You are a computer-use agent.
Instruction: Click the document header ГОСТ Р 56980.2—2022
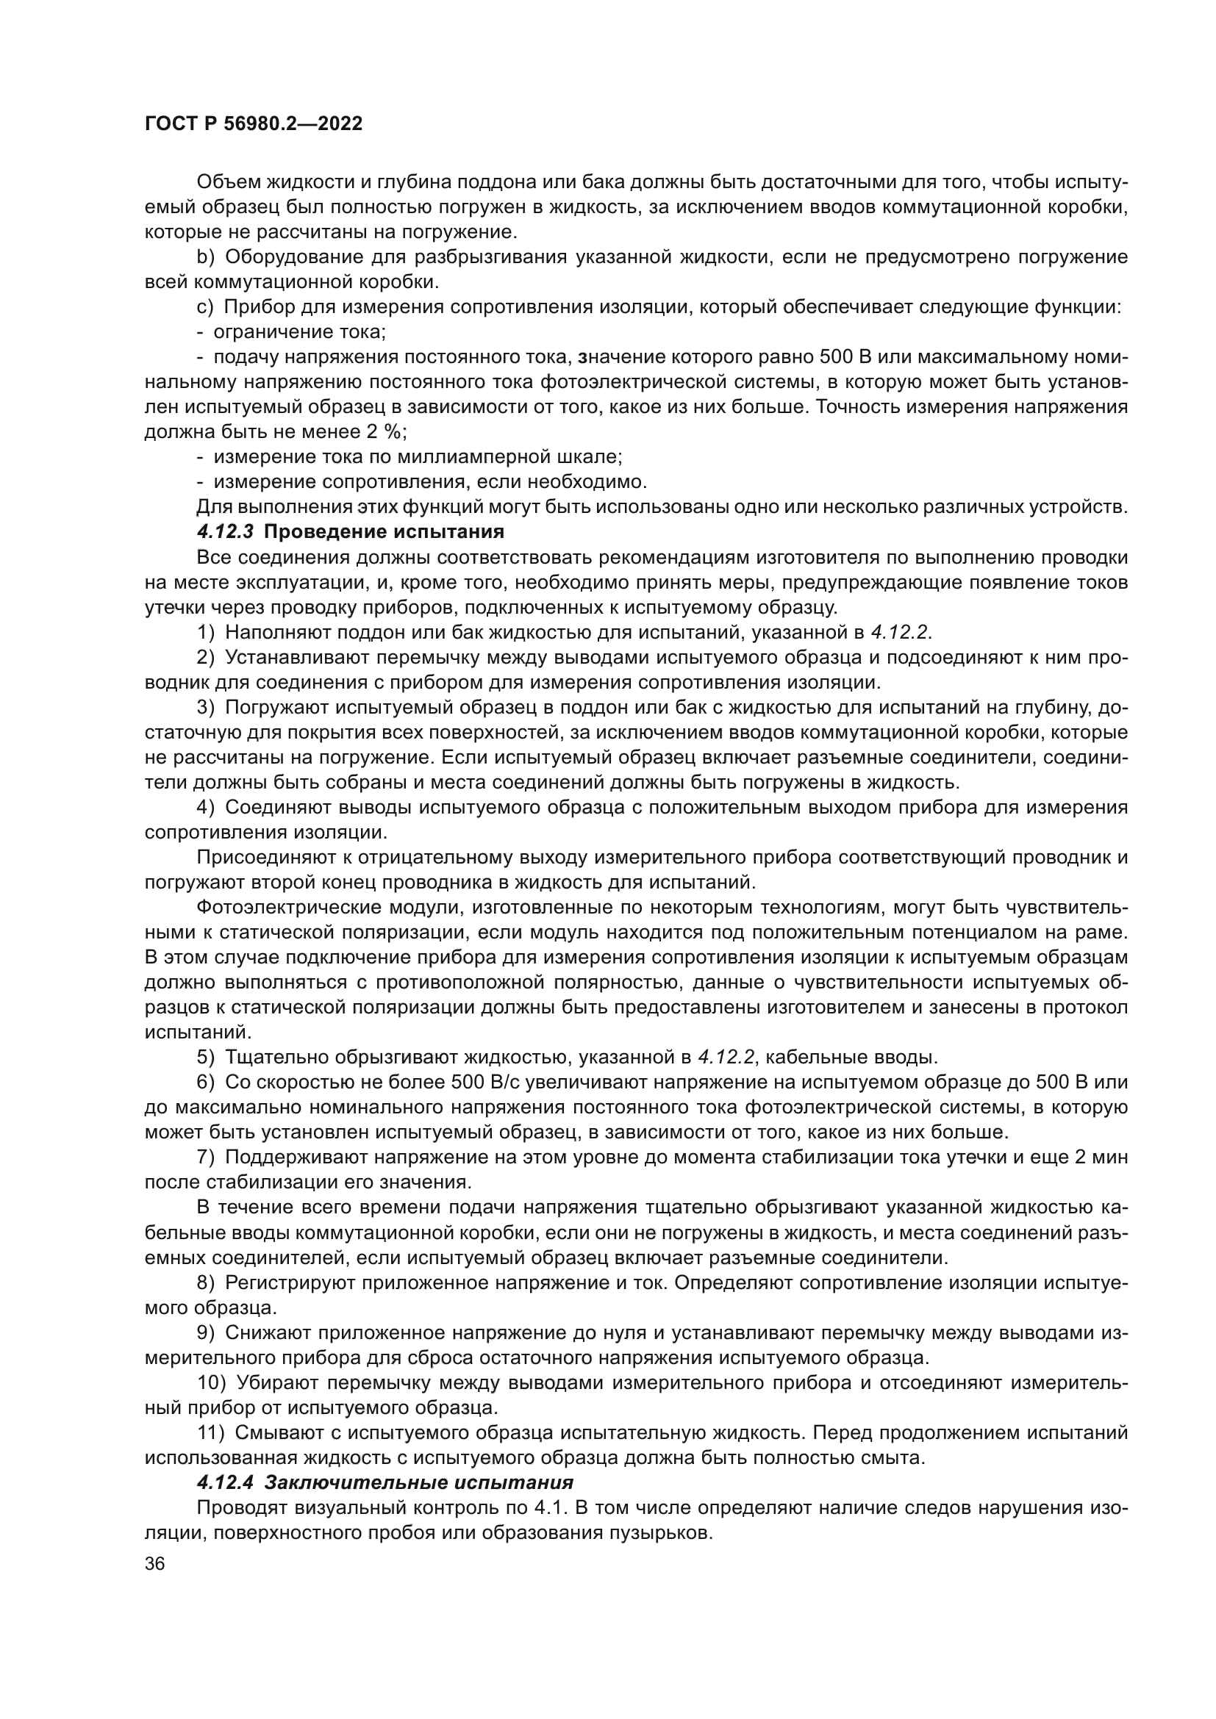[253, 124]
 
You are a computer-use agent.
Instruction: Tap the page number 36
[154, 1564]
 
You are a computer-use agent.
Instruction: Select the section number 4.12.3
[226, 532]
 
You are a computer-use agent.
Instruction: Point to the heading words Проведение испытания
[384, 532]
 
